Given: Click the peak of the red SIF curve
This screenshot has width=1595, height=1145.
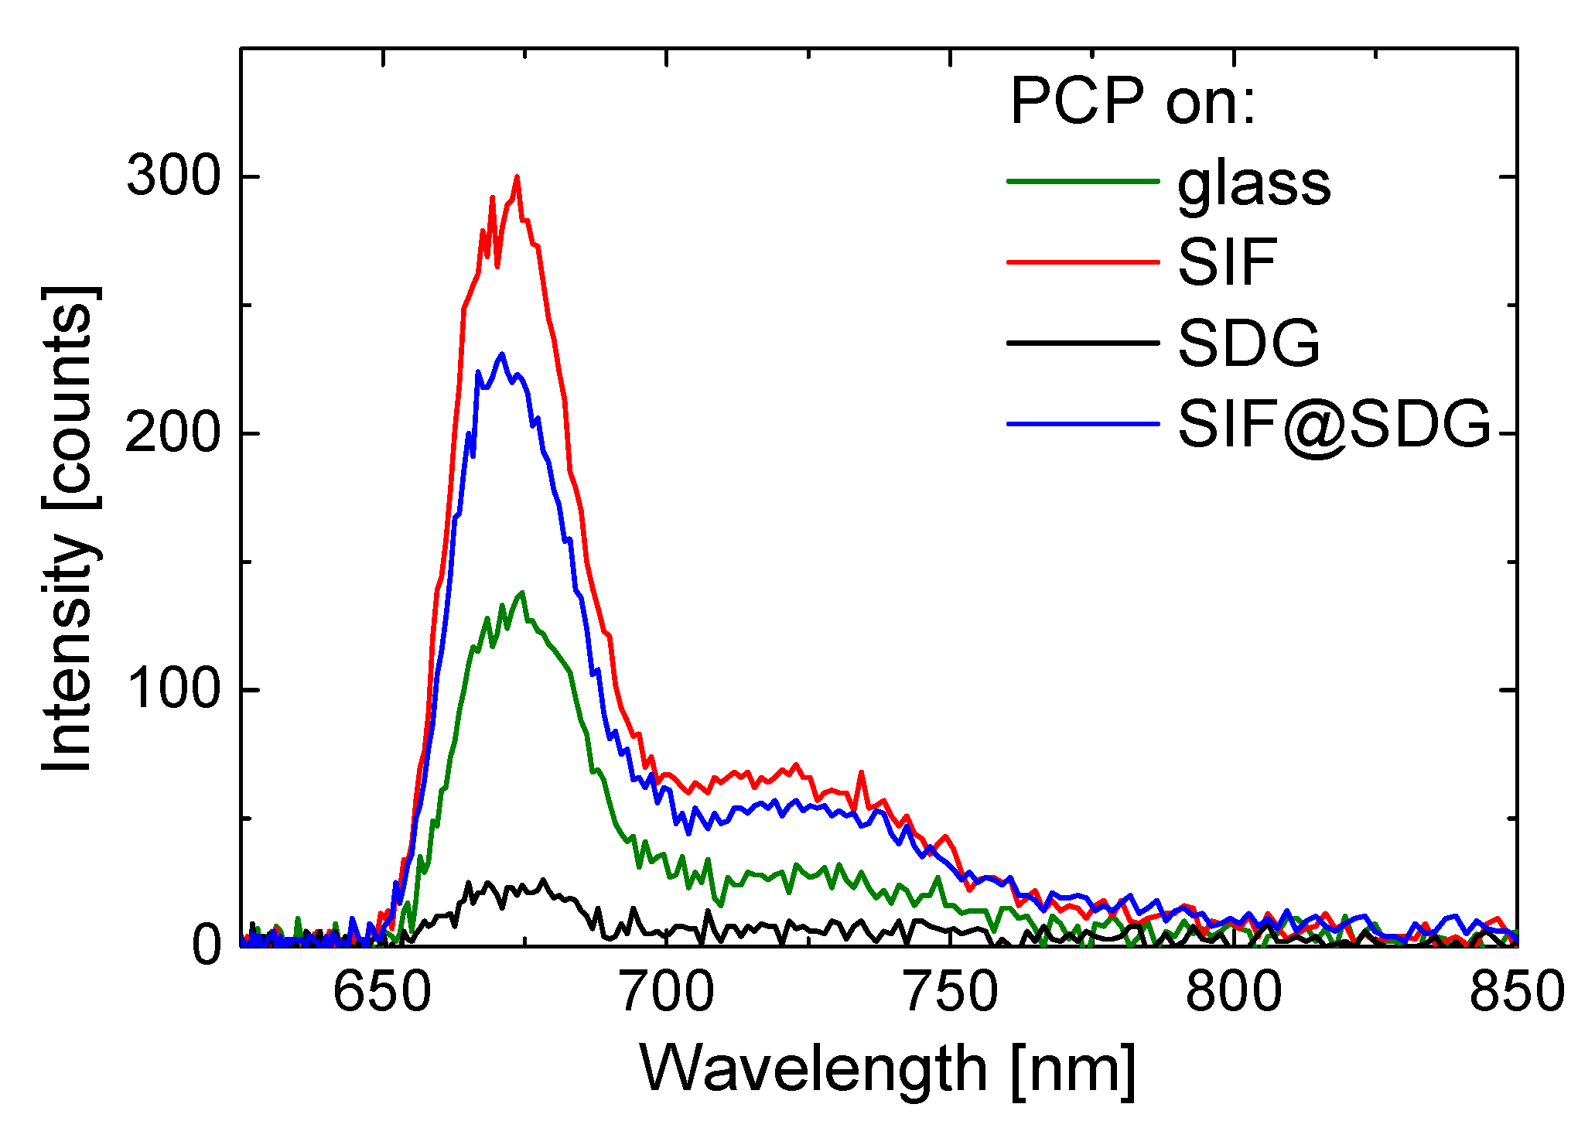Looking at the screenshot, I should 517,177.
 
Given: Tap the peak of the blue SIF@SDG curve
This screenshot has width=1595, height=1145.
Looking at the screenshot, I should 502,354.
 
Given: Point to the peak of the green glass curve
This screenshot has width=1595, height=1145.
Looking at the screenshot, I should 523,593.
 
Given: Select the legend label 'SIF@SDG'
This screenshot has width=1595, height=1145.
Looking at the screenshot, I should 1333,426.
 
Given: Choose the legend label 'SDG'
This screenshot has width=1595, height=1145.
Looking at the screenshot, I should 1248,343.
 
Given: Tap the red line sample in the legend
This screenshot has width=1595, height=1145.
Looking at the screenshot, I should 1083,262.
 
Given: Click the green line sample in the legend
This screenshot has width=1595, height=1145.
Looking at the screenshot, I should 1083,181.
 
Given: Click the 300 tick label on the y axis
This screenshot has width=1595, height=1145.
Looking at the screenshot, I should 172,176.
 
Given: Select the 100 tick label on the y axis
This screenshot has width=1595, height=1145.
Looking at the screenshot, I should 172,689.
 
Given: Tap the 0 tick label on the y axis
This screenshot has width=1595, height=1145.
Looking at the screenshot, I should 206,945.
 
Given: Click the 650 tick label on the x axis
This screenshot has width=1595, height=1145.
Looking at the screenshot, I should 382,993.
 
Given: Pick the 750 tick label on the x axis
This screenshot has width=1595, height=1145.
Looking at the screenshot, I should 950,993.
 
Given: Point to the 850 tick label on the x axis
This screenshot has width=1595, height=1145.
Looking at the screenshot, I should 1516,993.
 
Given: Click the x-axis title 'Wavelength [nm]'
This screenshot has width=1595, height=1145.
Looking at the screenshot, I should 887,1070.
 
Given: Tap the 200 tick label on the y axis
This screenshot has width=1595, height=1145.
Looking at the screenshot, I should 172,433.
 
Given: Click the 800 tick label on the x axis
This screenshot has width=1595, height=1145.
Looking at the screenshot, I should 1233,993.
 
